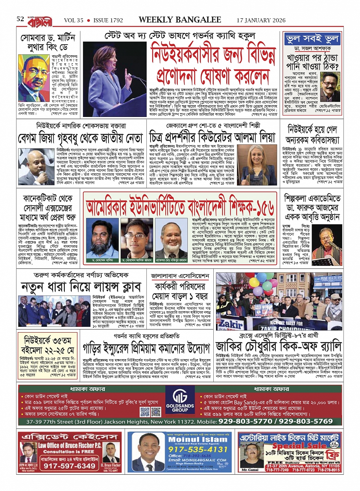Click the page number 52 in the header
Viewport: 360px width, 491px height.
click(20, 19)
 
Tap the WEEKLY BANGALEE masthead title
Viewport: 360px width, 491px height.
click(180, 20)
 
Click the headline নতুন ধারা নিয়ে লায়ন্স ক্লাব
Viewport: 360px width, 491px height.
click(81, 286)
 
